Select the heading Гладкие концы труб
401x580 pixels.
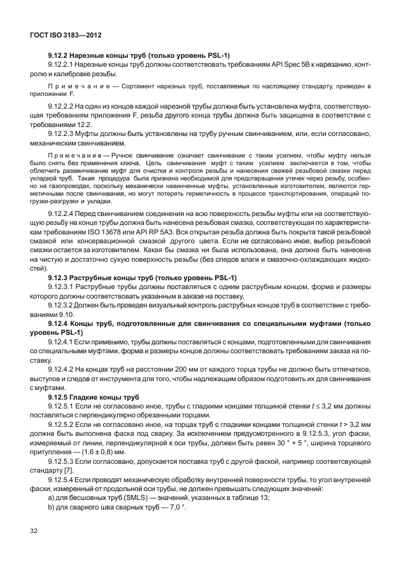[107, 396]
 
